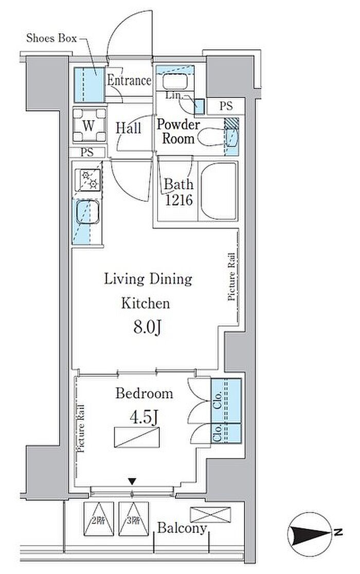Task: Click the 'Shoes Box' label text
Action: coord(51,38)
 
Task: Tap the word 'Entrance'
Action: coord(129,81)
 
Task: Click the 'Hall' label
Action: coord(129,128)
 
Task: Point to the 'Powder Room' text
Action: coord(178,132)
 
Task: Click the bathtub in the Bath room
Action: coord(218,191)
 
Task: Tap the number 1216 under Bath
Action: coord(179,200)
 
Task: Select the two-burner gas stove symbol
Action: coord(88,180)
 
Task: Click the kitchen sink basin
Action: coord(87,212)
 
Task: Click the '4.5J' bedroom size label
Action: coord(144,417)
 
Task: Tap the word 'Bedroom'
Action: coord(145,394)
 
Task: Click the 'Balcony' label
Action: coord(182,528)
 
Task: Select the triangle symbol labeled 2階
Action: coord(99,519)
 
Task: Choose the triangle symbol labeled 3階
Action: coord(134,519)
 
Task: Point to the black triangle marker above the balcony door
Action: coord(132,481)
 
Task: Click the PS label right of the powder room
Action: coord(226,106)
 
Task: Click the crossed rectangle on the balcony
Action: coord(210,515)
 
